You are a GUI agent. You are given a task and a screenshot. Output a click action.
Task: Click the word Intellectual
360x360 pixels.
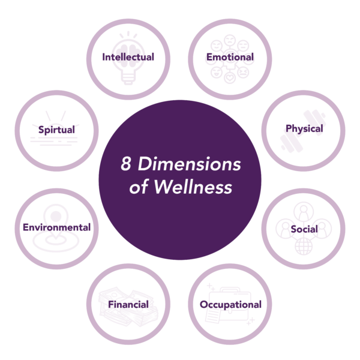click(x=128, y=58)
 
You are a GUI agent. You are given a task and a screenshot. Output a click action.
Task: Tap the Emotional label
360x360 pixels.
click(x=230, y=58)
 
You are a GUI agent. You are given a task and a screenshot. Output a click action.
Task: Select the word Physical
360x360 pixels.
click(x=304, y=128)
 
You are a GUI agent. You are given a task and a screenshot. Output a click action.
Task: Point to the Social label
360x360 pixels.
click(x=304, y=230)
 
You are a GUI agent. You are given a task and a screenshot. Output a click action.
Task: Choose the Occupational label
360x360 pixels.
click(x=230, y=304)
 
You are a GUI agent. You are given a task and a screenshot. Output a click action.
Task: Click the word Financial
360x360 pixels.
click(x=128, y=304)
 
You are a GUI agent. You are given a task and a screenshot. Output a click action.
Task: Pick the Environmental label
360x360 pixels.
click(x=56, y=227)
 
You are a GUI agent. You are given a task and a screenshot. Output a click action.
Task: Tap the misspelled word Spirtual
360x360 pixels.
click(x=56, y=130)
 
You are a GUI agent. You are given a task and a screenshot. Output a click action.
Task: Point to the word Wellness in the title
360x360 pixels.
click(x=192, y=187)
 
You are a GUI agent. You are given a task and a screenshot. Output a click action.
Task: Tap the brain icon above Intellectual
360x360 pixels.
click(x=128, y=42)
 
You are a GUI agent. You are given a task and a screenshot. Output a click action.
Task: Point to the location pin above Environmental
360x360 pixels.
click(x=56, y=214)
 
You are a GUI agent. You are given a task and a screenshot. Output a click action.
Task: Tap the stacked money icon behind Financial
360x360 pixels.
click(x=120, y=315)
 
